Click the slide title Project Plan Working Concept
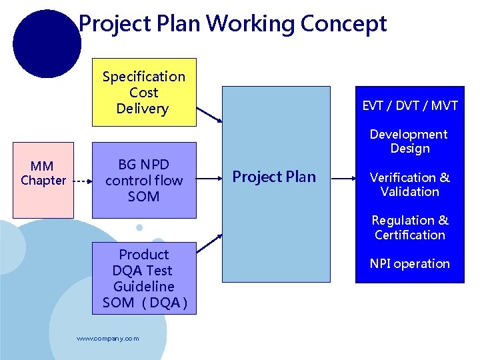(x=232, y=24)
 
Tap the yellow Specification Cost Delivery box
(x=144, y=93)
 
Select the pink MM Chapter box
(x=43, y=173)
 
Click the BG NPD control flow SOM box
(x=144, y=180)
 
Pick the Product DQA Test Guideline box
(x=144, y=279)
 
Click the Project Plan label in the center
(x=274, y=177)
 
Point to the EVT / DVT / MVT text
(x=410, y=105)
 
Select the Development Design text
(x=409, y=141)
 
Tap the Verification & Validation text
(x=409, y=185)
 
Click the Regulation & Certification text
(x=409, y=227)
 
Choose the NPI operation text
(x=409, y=264)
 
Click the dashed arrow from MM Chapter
(x=82, y=181)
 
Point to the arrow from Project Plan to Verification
(x=345, y=179)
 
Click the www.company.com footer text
(x=108, y=339)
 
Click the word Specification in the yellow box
(x=144, y=77)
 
